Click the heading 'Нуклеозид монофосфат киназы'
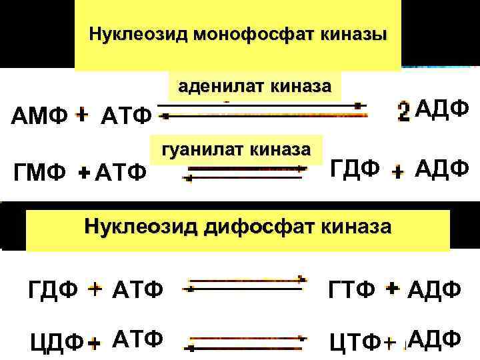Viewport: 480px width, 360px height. [x=238, y=33]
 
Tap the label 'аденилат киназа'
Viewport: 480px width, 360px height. [x=254, y=87]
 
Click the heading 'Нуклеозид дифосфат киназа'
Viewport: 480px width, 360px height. [x=238, y=227]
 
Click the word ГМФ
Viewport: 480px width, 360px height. [x=39, y=173]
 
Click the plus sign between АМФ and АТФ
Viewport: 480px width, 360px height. [x=81, y=116]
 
